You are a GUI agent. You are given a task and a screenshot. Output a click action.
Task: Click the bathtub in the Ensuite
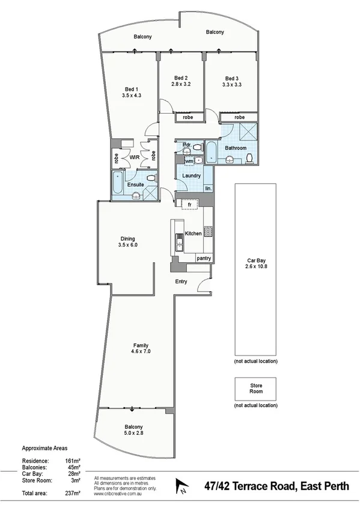118,184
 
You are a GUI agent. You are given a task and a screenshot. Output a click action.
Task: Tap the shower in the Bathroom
248,132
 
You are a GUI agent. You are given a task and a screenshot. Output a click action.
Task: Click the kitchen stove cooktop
209,231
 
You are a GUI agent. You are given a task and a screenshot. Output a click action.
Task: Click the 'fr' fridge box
189,205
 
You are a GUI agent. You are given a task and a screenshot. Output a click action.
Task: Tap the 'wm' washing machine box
189,161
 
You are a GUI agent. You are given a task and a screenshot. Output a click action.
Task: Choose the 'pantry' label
204,258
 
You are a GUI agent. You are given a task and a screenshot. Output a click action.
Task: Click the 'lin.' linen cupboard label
208,188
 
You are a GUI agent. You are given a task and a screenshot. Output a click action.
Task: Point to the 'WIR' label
135,158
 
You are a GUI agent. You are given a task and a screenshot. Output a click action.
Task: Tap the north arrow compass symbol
182,486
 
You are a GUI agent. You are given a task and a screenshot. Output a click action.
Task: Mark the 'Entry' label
181,281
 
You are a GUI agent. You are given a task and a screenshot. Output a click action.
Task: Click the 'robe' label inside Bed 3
239,117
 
